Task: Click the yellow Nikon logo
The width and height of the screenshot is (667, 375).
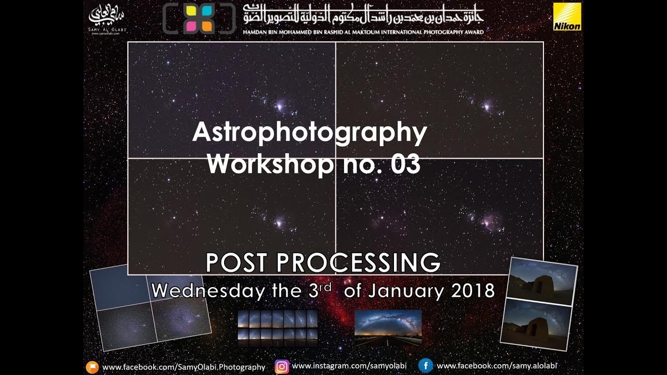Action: click(x=567, y=17)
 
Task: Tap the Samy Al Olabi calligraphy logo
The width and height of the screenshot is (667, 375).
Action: click(x=108, y=19)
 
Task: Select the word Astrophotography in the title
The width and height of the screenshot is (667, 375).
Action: click(x=310, y=133)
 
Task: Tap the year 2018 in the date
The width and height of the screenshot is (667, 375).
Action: click(x=473, y=291)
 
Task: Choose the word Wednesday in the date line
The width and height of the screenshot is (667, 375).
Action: click(x=207, y=291)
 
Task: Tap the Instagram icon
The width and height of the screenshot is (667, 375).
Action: click(x=282, y=367)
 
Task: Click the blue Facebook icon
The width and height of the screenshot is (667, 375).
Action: click(x=425, y=366)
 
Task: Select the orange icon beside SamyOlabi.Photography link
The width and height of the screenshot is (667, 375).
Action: click(x=92, y=367)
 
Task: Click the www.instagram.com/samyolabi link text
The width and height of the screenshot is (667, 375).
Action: click(x=349, y=366)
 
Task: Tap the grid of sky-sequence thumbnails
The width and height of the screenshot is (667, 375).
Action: click(x=277, y=328)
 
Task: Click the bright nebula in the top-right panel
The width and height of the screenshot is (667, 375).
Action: click(x=486, y=106)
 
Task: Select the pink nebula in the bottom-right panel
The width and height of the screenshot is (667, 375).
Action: click(x=490, y=220)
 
